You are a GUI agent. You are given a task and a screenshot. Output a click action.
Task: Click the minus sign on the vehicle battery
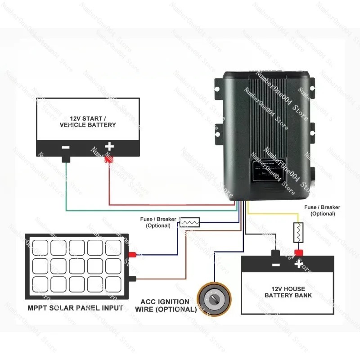pos(66,147)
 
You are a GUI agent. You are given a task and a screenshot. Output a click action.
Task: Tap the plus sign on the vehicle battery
pos(109,146)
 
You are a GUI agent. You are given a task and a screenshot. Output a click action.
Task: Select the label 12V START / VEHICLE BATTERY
pos(87,121)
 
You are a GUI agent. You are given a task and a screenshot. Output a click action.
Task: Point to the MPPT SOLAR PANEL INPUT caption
pos(74,308)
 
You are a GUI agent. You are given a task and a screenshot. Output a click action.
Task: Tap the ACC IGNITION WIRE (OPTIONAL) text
pos(166,306)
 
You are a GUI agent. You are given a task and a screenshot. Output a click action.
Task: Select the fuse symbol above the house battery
pos(297,232)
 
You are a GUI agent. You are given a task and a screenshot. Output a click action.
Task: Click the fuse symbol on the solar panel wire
pos(190,222)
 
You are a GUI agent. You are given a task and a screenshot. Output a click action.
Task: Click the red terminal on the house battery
pos(298,252)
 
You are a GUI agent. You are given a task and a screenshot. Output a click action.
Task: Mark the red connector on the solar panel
pos(133,255)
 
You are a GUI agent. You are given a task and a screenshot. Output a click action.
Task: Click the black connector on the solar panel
pos(133,279)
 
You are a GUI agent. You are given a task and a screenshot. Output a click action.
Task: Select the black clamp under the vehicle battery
pos(66,159)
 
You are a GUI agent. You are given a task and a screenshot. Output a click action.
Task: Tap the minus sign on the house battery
pos(276,264)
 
